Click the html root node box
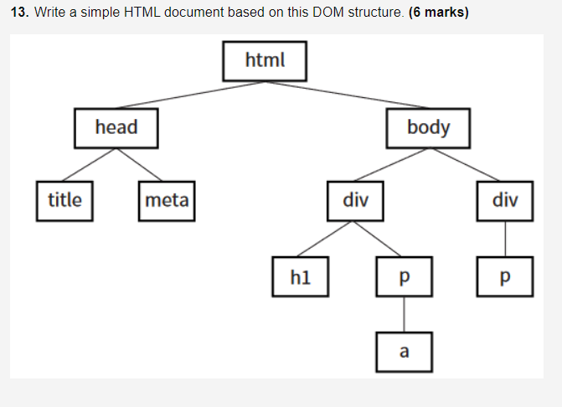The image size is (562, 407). (x=265, y=60)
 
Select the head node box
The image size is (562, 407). (x=116, y=127)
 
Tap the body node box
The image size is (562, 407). (x=428, y=127)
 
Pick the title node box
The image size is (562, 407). (x=64, y=200)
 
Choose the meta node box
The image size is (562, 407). (x=167, y=200)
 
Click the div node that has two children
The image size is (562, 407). (x=356, y=200)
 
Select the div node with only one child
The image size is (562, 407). (x=505, y=200)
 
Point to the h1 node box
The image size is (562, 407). (x=300, y=276)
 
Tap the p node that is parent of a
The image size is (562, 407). (x=405, y=276)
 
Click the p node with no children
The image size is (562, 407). (x=505, y=276)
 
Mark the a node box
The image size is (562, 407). (x=405, y=352)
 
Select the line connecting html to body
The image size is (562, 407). (x=347, y=94)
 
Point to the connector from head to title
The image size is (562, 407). (x=90, y=164)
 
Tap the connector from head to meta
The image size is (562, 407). (x=141, y=164)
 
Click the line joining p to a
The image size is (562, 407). (x=405, y=314)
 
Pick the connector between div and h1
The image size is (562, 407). (x=327, y=239)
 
